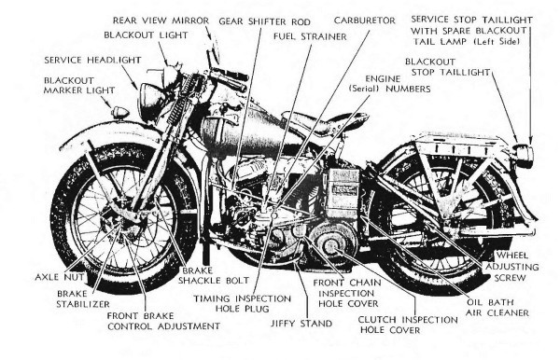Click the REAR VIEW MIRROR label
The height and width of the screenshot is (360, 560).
161,21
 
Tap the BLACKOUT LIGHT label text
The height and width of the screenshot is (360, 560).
146,35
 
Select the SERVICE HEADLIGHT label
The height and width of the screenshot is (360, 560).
92,60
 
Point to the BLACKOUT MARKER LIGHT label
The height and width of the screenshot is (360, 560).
79,85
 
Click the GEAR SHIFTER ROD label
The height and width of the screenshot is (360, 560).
265,21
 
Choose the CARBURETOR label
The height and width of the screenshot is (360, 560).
365,21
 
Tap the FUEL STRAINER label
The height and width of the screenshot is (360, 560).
310,36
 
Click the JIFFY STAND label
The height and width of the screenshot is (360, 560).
301,324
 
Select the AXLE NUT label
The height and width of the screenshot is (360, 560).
60,277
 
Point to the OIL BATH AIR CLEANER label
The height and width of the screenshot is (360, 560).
497,308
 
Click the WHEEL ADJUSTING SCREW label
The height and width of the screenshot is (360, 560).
511,267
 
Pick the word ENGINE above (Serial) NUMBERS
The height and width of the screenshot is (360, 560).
383,78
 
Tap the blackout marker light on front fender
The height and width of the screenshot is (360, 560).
120,113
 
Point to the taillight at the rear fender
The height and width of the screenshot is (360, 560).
524,154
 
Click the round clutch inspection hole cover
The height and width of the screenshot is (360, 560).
330,244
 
